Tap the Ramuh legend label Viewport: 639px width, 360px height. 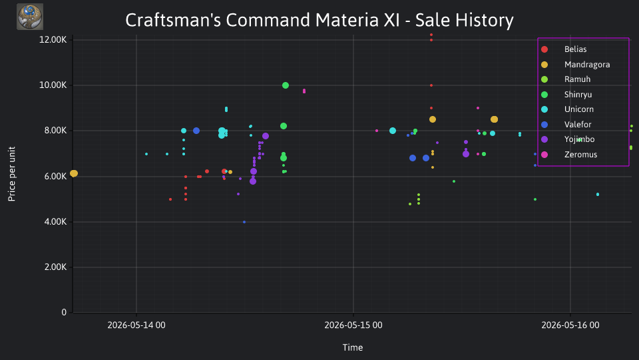tap(577, 79)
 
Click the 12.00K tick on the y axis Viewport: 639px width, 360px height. tap(53, 39)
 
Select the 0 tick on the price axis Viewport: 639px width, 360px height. tap(64, 312)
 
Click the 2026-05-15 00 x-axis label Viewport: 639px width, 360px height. tap(353, 325)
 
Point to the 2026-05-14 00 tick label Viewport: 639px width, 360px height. tap(136, 325)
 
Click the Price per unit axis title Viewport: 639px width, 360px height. tap(12, 174)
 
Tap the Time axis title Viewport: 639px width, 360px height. tap(353, 347)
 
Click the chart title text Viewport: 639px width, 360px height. tap(319, 20)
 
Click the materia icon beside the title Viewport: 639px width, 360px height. tap(30, 17)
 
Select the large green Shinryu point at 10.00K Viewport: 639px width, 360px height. tap(286, 85)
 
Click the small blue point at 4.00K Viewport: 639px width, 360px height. tap(244, 222)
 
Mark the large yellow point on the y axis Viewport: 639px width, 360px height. tap(74, 173)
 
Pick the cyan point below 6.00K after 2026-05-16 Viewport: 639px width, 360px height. tap(598, 194)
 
